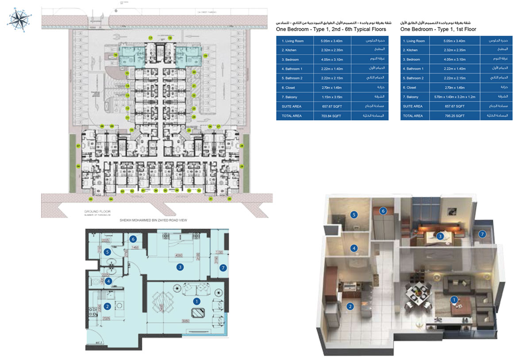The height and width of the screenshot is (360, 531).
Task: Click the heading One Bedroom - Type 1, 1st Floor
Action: pyautogui.click(x=438, y=29)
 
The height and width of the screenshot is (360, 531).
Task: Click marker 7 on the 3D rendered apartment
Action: pyautogui.click(x=482, y=234)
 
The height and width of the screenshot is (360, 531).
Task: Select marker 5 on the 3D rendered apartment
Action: pyautogui.click(x=354, y=214)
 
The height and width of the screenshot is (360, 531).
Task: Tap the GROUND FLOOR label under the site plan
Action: pyautogui.click(x=94, y=212)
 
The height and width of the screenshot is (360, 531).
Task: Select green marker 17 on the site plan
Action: pyautogui.click(x=150, y=38)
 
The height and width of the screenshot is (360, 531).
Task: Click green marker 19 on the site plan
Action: pyautogui.click(x=206, y=56)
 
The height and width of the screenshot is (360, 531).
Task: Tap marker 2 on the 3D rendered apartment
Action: pyautogui.click(x=350, y=306)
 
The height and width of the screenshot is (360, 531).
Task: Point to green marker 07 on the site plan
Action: pyautogui.click(x=78, y=146)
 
